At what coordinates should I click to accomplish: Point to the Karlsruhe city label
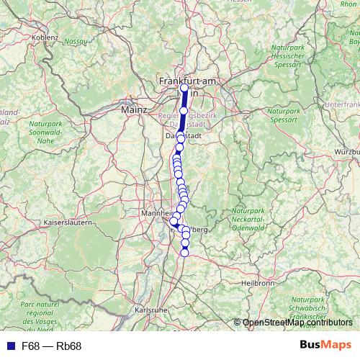151,310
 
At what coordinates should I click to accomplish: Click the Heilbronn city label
260,283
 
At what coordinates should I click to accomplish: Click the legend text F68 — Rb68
52,346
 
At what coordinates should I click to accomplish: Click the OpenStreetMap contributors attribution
297,323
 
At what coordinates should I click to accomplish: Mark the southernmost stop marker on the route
184,253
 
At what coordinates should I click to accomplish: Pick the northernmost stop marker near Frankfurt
184,89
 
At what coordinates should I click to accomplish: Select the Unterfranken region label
342,105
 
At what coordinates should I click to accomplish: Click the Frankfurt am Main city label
188,82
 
